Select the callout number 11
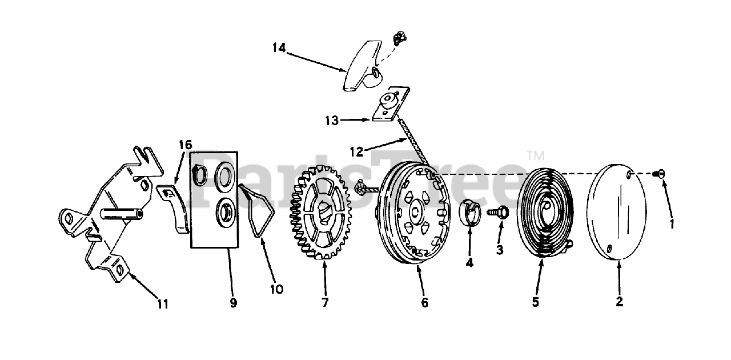[x=163, y=304]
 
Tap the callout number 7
[x=325, y=303]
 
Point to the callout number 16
[x=185, y=144]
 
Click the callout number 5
[x=535, y=302]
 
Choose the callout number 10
[x=276, y=289]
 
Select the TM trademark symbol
[x=535, y=155]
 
